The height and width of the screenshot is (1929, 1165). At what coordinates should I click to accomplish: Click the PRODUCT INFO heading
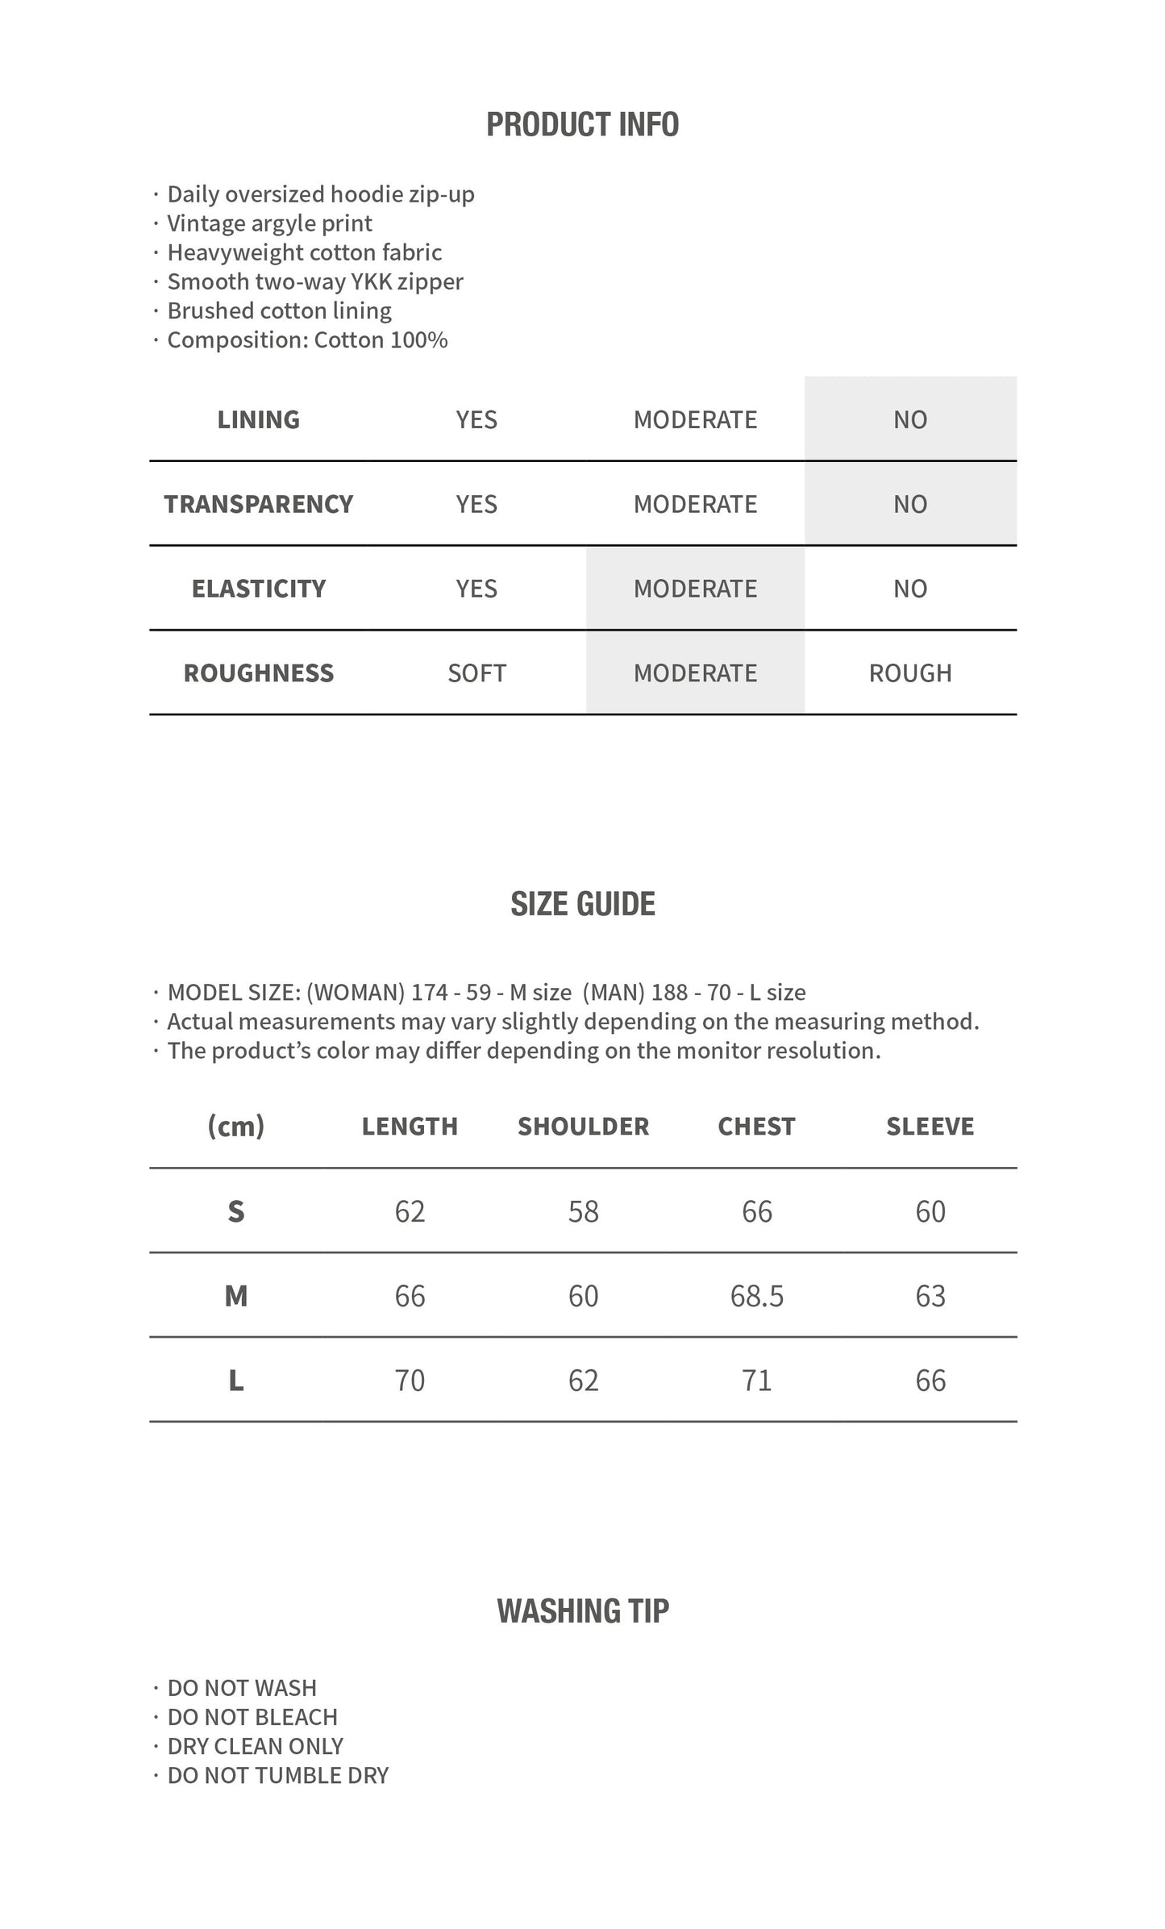582,124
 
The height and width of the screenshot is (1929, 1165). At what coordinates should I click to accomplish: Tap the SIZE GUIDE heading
582,904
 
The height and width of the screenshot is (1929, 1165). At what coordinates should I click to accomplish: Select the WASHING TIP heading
582,1611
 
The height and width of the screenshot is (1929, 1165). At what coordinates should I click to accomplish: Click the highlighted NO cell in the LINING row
909,419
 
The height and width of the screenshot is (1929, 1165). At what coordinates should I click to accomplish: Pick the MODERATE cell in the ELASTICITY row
695,589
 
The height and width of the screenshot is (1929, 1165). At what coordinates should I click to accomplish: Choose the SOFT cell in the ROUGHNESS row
476,673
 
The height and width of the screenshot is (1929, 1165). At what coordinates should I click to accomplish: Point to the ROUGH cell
909,673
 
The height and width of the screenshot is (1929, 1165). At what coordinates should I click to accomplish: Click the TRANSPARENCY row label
258,504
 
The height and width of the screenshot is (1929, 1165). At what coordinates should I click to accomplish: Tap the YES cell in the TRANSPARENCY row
476,504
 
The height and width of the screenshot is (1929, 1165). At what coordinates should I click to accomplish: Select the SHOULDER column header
583,1127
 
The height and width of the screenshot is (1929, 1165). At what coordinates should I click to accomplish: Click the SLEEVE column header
930,1127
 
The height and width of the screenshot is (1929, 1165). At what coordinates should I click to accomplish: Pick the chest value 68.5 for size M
756,1296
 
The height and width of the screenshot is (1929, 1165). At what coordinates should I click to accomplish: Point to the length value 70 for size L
410,1381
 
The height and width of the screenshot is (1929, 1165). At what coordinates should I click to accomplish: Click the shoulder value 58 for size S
583,1211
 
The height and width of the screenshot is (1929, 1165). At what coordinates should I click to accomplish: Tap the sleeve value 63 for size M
930,1296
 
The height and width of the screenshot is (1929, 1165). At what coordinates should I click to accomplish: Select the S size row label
235,1211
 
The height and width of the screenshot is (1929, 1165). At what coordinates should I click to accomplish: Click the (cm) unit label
235,1127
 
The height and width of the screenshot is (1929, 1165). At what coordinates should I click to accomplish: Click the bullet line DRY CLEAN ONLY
255,1746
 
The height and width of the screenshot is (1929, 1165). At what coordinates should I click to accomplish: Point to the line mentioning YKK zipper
314,281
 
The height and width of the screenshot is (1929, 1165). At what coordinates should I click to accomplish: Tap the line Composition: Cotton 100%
306,340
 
